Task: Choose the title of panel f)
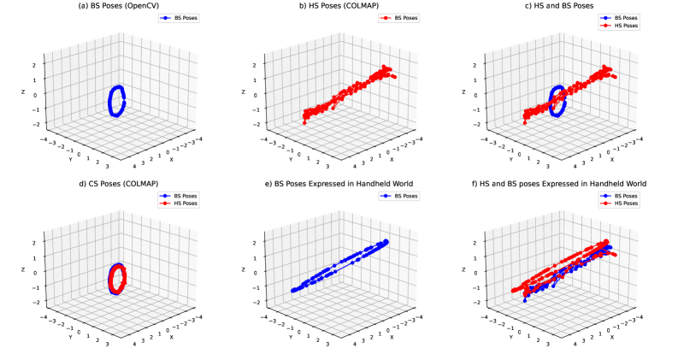(x=562, y=183)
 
